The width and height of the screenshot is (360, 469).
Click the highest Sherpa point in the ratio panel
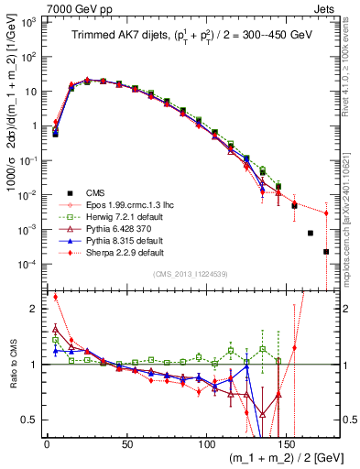point(56,297)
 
